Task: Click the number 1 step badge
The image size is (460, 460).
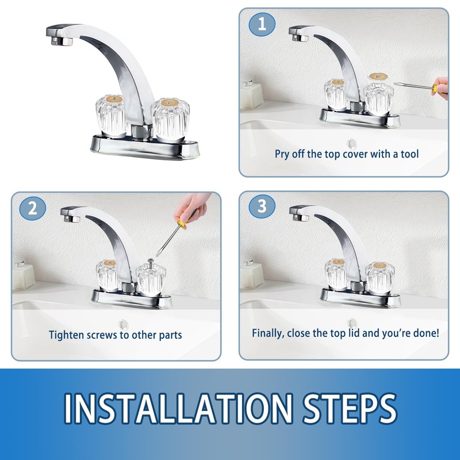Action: point(262,24)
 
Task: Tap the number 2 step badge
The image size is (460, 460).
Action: point(33,208)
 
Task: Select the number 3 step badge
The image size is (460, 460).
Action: point(262,206)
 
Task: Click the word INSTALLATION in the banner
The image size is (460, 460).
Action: point(178,409)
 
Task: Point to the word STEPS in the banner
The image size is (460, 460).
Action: point(350,409)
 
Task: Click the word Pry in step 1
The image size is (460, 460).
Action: point(282,154)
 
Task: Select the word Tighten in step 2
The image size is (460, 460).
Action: point(65,335)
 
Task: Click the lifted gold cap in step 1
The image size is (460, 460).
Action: point(378,76)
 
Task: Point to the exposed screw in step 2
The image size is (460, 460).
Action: point(151,263)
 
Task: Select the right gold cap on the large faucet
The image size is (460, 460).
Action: point(170,103)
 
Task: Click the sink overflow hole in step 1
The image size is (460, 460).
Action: point(351,144)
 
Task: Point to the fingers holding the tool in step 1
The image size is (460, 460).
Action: point(441,87)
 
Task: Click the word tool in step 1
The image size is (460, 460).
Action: point(409,154)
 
